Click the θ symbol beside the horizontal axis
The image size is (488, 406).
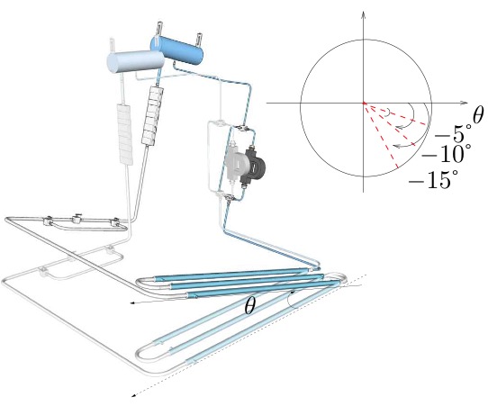(x=477, y=114)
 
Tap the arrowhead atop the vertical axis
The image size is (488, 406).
(x=363, y=14)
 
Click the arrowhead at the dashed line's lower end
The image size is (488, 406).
(x=134, y=394)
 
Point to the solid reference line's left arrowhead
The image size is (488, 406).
(x=132, y=305)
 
